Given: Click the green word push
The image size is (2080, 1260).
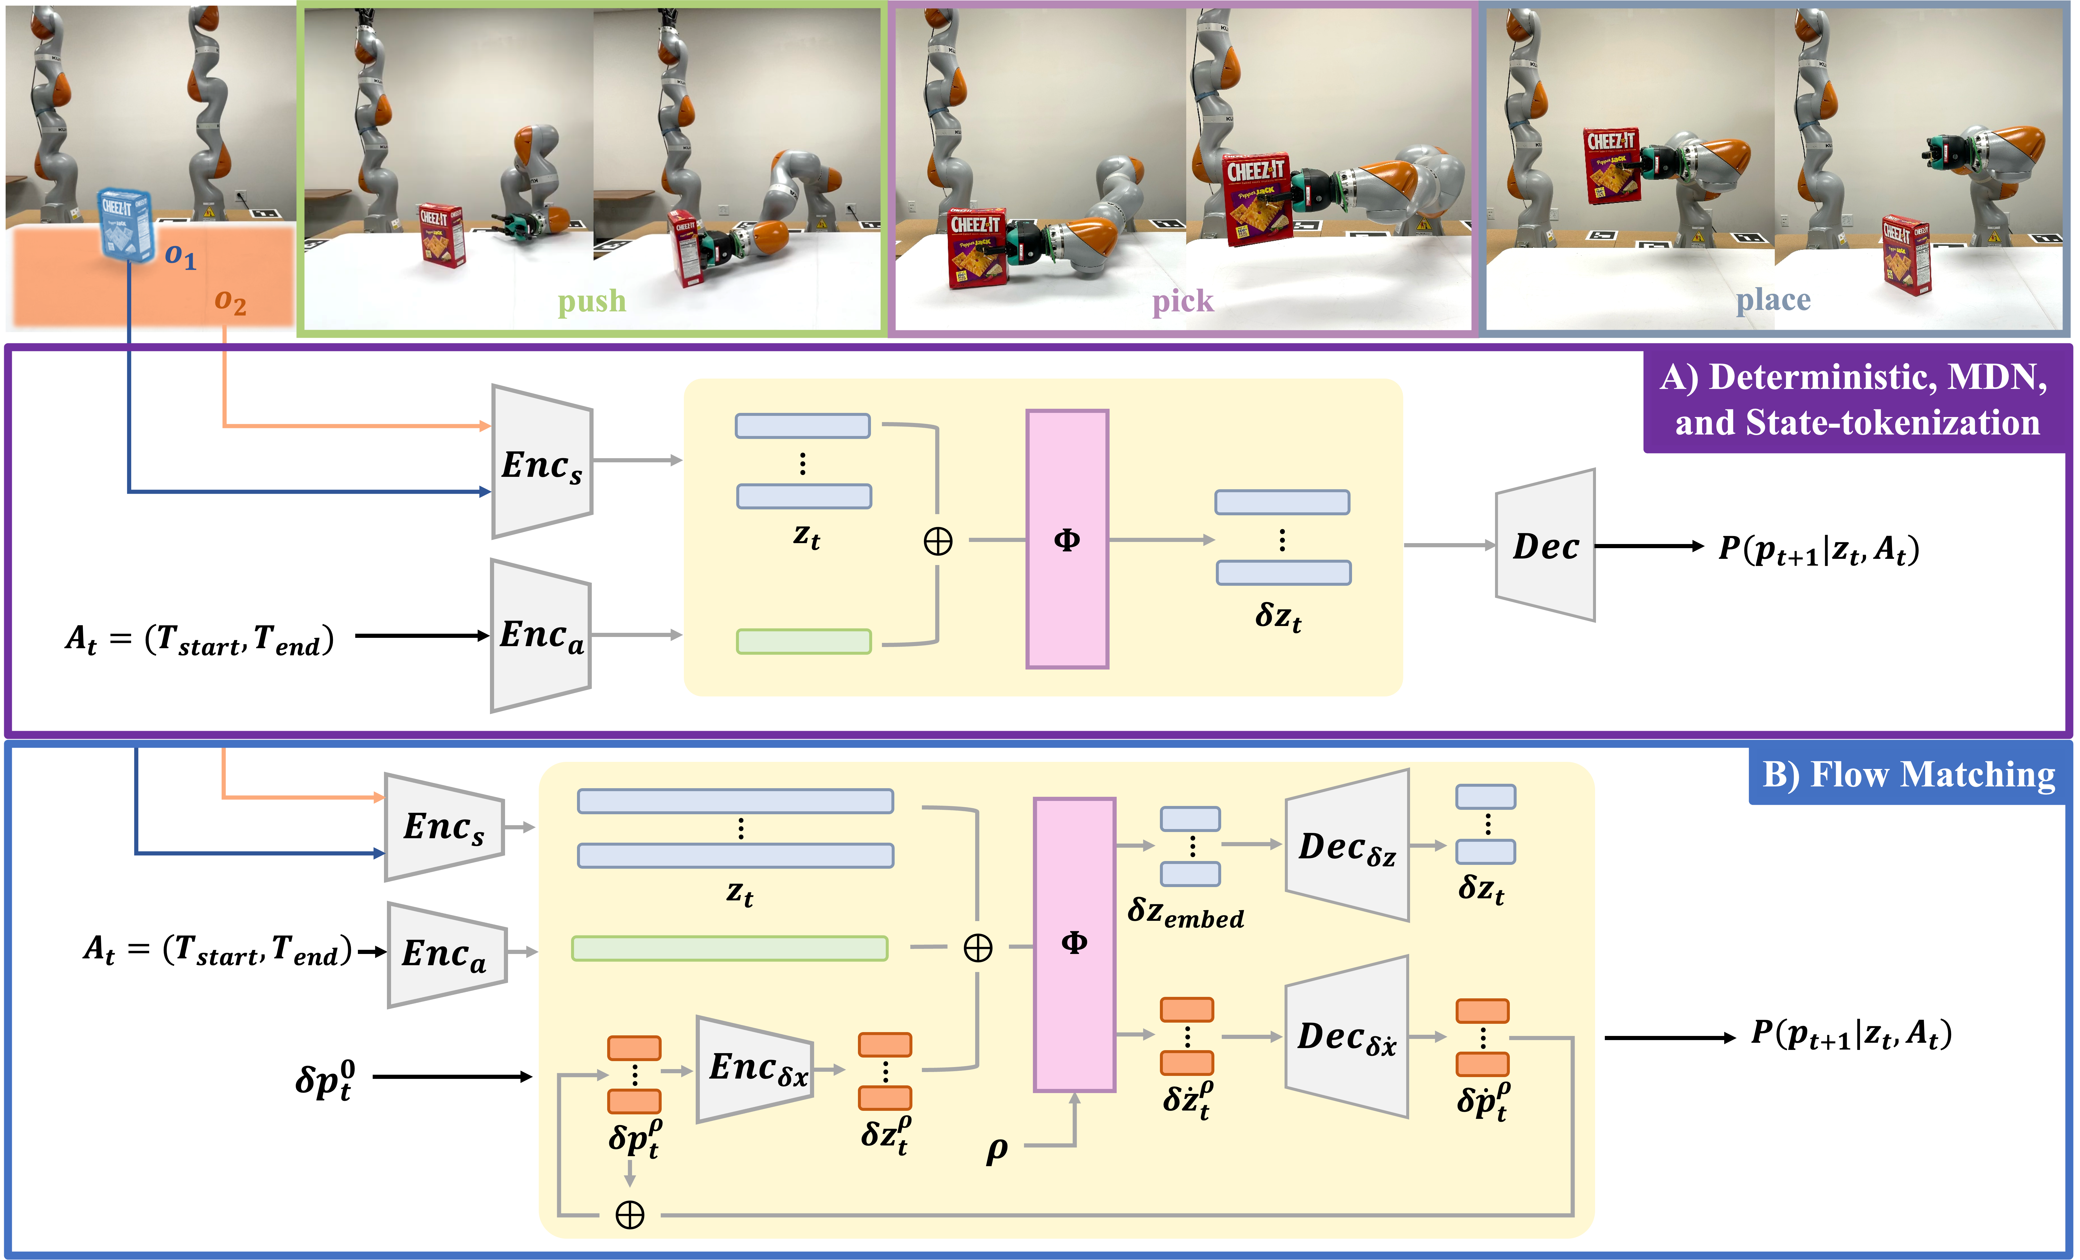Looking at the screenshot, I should pos(592,301).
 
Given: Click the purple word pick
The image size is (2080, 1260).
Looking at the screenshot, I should pos(1183,301).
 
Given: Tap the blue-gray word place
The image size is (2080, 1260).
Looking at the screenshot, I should pos(1773,300).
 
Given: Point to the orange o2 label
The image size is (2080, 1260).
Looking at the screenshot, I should pos(230,301).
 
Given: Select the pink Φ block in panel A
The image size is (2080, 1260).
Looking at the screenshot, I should pos(1067,539).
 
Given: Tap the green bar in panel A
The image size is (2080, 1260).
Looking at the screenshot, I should pos(804,641).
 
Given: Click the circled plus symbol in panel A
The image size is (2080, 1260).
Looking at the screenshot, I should pos(938,541).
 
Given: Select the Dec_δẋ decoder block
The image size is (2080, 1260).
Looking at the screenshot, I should pos(1346,1036).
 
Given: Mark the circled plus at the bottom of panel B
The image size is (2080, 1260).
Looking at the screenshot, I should pos(630,1215).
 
